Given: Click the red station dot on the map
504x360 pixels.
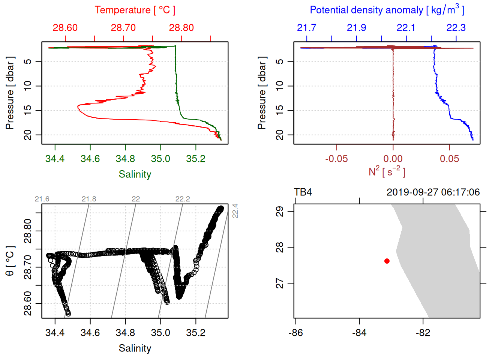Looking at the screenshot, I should click(387, 261).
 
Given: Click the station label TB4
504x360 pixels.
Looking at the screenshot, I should click(303, 192).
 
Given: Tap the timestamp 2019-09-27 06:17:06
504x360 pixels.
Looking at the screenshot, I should click(433, 192).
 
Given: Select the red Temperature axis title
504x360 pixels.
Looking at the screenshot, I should click(135, 10).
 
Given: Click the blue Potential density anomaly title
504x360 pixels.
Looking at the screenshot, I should click(387, 10).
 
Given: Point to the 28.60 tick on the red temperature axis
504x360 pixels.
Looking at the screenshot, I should click(65, 28).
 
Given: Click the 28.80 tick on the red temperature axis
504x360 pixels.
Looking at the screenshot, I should click(181, 28).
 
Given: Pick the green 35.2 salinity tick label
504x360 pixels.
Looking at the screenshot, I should click(196, 159).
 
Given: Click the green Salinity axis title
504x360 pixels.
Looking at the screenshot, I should click(135, 174).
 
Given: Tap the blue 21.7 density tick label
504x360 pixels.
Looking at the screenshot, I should click(306, 28).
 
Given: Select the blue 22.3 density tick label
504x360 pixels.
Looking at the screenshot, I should click(456, 28).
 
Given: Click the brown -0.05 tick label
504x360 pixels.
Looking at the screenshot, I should click(336, 159).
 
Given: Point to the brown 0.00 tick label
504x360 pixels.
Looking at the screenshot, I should click(393, 159).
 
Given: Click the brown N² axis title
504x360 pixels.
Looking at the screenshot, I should click(387, 172).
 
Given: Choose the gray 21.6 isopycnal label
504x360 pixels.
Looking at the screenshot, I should click(42, 199).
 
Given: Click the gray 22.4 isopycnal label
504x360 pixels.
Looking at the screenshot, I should click(235, 211).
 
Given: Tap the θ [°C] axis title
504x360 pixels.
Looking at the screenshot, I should click(10, 261).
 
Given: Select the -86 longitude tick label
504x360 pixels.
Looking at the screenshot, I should click(295, 333).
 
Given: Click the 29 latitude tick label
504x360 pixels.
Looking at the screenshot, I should click(280, 211).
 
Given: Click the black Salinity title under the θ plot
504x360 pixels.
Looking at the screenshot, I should click(135, 348).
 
